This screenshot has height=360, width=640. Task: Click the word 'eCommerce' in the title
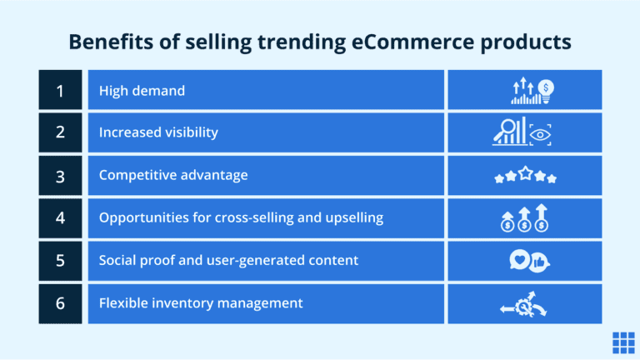coord(386,42)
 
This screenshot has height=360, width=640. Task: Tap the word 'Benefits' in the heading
coord(107,42)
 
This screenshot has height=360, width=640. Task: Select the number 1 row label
coord(60,90)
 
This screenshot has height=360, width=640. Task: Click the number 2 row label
coord(60,132)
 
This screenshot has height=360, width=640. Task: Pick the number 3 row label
coord(60,175)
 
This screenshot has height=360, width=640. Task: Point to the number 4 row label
coord(60,217)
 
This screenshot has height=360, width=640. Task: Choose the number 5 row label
coord(60,260)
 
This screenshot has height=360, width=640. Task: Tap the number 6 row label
coord(60,303)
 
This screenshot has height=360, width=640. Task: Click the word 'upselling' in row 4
coord(353,217)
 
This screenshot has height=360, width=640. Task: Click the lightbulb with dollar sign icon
coord(546,87)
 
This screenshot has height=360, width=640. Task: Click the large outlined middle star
coord(525,174)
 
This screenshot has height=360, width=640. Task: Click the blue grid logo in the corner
coord(622,342)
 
